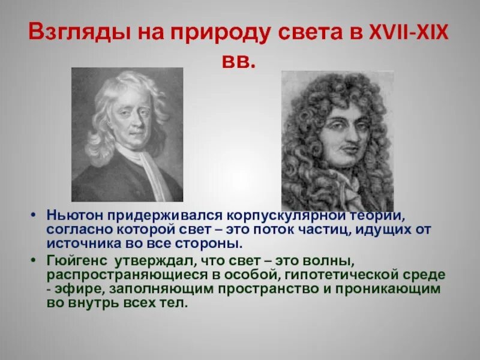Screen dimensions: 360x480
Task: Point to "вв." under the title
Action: [x=239, y=61]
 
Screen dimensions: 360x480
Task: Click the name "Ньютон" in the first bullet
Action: [x=68, y=215]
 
